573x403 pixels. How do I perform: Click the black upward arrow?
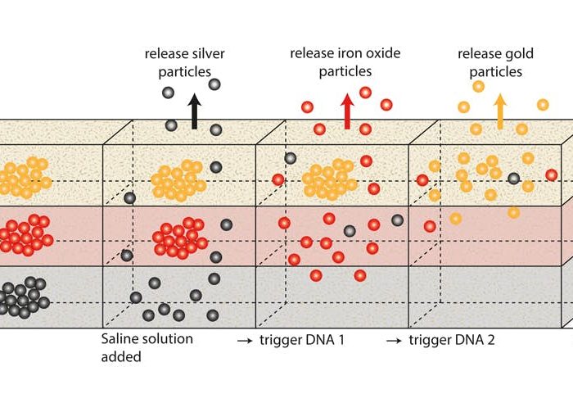click(x=195, y=111)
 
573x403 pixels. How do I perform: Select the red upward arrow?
click(x=347, y=111)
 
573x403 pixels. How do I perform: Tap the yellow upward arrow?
click(x=500, y=111)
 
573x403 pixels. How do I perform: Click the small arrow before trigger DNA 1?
click(x=245, y=341)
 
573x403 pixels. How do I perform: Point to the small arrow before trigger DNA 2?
click(x=394, y=341)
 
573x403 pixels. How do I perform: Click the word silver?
click(x=210, y=54)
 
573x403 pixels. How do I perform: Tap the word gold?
click(x=519, y=54)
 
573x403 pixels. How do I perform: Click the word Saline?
click(x=120, y=339)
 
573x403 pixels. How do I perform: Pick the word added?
click(x=121, y=356)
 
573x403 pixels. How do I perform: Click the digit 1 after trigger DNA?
click(x=341, y=340)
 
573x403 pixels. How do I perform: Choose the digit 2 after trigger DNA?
click(x=490, y=340)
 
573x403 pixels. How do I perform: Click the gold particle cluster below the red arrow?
click(x=330, y=179)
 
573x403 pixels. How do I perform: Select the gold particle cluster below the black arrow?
click(x=178, y=180)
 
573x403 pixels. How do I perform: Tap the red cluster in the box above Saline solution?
click(x=180, y=238)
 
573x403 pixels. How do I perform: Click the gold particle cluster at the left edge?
click(x=25, y=178)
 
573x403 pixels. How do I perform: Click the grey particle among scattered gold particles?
click(x=514, y=179)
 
